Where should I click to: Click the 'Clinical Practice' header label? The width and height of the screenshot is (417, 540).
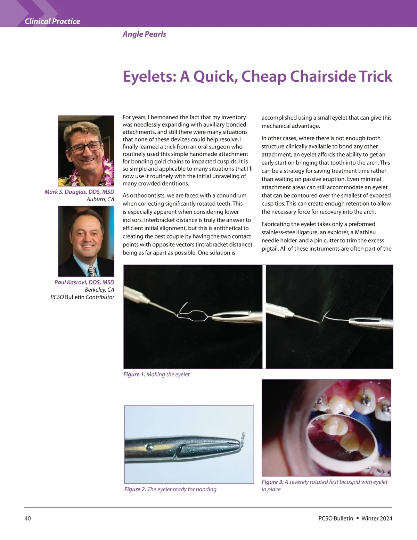coord(52,21)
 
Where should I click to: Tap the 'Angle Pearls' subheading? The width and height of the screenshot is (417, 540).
coord(144,34)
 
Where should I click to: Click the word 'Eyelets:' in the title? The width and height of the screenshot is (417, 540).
coord(149,76)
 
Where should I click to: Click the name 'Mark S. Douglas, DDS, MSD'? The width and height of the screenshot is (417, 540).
coord(79,192)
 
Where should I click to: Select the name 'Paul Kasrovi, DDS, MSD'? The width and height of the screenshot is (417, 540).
coord(84,282)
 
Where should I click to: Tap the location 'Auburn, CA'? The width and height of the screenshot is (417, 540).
coord(100,199)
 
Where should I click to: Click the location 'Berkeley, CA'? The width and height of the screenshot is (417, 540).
coord(99,290)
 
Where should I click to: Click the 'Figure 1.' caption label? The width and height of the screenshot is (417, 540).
coord(134,374)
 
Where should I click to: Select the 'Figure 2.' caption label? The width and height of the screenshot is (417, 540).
coord(135,489)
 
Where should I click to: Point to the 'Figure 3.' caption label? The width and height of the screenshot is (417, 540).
coord(272,482)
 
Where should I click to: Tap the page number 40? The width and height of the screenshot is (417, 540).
coord(28,518)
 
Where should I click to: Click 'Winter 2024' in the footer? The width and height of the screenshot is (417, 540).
coord(377,518)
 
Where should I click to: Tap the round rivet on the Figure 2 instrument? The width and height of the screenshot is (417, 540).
coord(149,445)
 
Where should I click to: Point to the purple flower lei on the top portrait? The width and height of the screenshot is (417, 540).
coord(106,170)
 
